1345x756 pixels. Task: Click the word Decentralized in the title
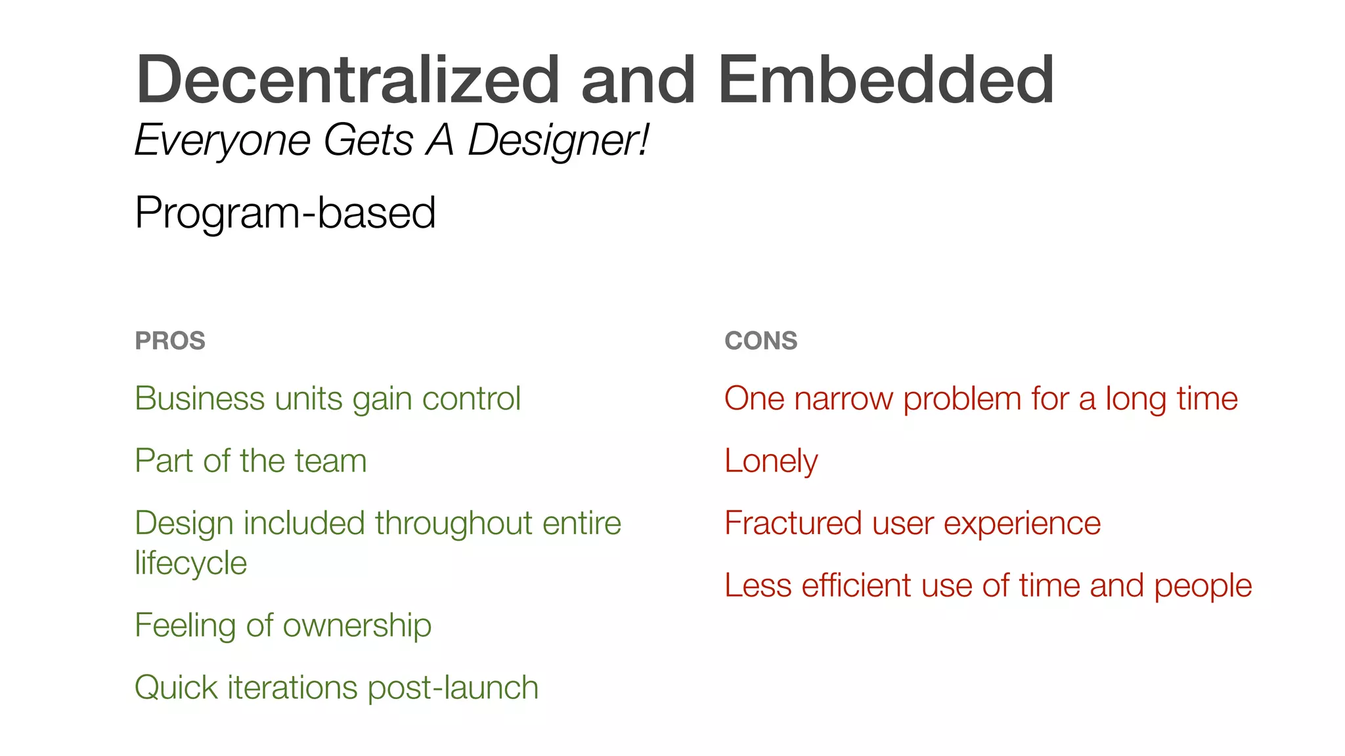tap(347, 79)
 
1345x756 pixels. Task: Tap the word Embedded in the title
tap(886, 79)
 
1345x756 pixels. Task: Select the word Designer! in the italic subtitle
tap(558, 140)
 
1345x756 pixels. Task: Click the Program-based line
tap(285, 213)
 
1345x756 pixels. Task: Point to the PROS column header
tap(170, 341)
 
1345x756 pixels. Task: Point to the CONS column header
tap(761, 341)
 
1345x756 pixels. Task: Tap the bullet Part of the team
tap(250, 461)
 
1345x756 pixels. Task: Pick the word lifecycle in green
tap(190, 563)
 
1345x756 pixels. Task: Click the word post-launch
tap(452, 688)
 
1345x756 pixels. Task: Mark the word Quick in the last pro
tap(176, 688)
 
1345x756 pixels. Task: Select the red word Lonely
tap(771, 461)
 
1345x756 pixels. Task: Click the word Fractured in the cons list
tap(793, 523)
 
